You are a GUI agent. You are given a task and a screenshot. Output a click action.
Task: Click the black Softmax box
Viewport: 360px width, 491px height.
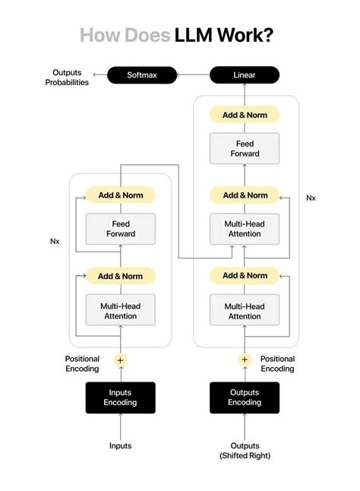click(x=142, y=74)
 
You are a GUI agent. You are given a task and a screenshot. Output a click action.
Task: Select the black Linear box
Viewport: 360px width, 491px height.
click(x=245, y=74)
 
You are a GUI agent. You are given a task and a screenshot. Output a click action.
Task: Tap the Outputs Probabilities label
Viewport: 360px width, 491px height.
click(x=66, y=77)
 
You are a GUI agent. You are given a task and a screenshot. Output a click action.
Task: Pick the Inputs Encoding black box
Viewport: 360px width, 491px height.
click(x=120, y=398)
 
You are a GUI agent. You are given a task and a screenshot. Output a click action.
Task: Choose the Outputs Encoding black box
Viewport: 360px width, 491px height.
click(x=245, y=398)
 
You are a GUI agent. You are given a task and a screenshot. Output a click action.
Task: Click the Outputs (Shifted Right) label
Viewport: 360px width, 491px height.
click(x=245, y=450)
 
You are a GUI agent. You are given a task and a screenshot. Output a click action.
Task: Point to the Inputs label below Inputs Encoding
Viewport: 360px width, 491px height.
click(x=120, y=445)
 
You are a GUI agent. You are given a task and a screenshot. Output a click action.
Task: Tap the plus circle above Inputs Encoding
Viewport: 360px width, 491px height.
click(x=120, y=360)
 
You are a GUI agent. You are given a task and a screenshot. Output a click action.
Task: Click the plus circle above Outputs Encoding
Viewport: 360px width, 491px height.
click(x=245, y=360)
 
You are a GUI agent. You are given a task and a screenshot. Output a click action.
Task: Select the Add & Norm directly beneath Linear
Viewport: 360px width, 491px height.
click(x=245, y=115)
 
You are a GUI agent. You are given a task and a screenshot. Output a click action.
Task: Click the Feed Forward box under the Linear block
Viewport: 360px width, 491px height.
click(x=245, y=148)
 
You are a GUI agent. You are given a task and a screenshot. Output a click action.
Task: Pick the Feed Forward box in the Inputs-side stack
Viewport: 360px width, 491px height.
click(x=120, y=229)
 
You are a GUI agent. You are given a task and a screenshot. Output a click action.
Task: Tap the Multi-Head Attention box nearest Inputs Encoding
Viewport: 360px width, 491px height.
click(x=120, y=311)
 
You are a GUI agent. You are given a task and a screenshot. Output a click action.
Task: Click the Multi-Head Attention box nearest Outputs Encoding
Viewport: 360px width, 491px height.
click(x=245, y=311)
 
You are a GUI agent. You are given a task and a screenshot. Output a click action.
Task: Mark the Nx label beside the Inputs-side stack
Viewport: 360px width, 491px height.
click(x=55, y=242)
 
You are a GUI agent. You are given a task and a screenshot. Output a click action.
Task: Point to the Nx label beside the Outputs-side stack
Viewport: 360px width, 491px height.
click(x=311, y=198)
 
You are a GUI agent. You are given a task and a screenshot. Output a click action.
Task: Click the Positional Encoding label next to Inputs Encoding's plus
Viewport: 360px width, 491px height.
click(x=82, y=363)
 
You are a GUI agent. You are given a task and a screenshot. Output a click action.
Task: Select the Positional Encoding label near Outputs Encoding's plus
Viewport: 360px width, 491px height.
click(x=277, y=363)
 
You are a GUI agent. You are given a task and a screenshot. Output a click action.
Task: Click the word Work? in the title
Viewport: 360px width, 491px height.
click(x=248, y=36)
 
